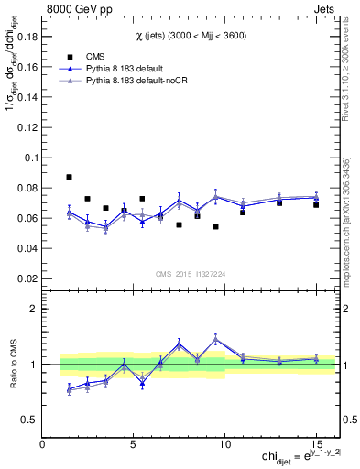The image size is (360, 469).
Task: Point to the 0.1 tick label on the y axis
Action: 29,158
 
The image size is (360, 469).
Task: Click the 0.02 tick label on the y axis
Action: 25,278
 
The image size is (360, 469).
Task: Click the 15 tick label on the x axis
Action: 317,446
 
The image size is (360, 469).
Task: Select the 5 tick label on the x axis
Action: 134,446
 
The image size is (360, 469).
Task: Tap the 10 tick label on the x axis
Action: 225,446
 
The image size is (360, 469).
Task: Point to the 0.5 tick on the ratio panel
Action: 27,420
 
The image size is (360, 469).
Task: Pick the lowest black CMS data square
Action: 215,226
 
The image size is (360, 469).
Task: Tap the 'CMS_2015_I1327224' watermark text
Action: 191,274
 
